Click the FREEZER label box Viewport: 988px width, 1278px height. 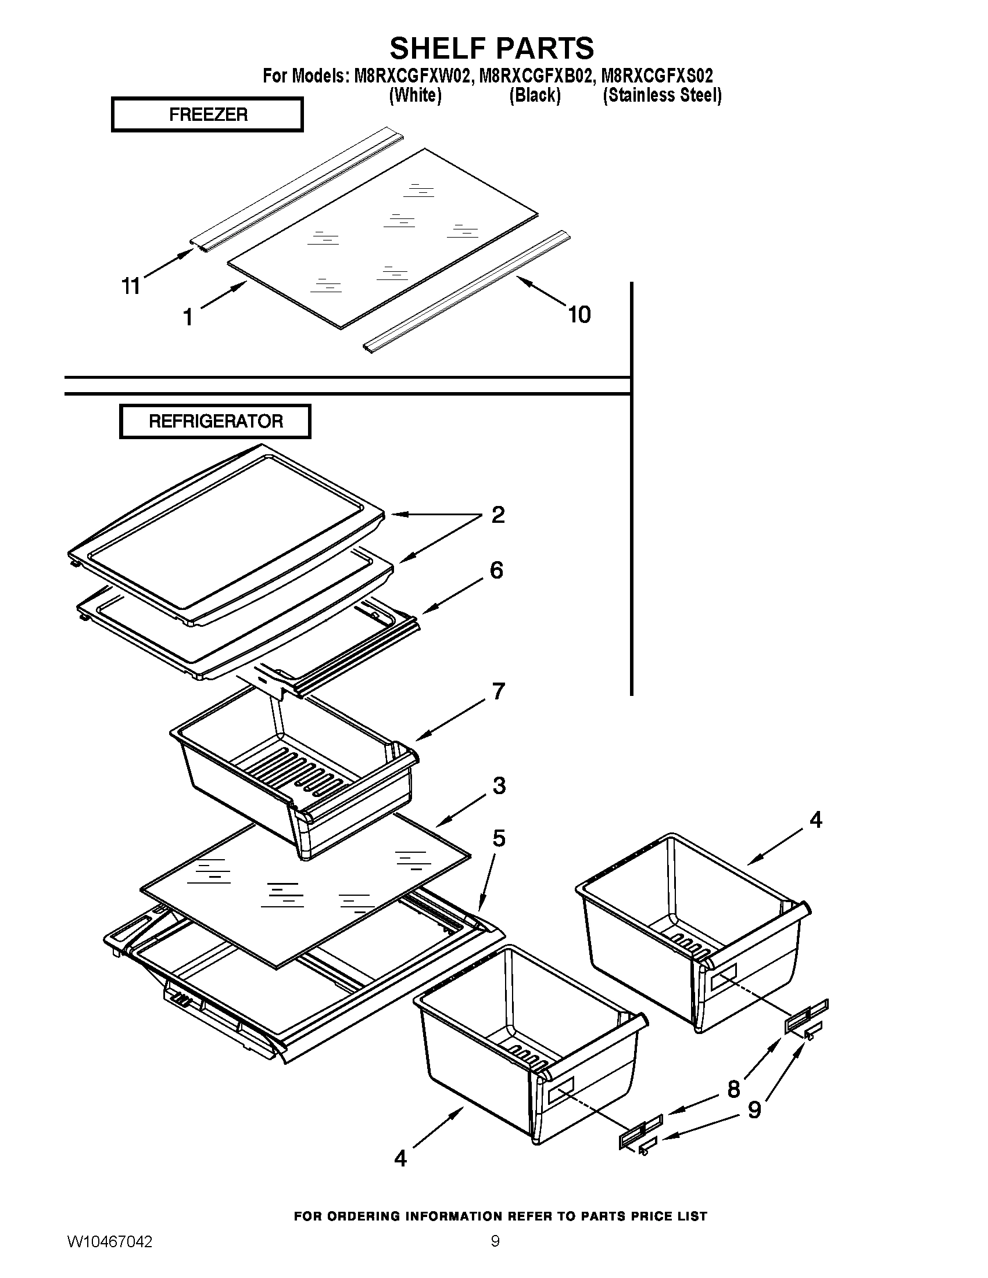[207, 114]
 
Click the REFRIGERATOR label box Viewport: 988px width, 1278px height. [215, 421]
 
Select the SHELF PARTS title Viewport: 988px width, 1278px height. [492, 48]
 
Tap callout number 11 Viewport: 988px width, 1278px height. [131, 286]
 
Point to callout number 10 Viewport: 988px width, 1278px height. [579, 315]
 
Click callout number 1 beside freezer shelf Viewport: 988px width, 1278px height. [188, 318]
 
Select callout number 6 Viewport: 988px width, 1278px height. [496, 570]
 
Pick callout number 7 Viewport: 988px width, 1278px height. [498, 692]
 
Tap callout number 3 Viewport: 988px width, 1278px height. [499, 786]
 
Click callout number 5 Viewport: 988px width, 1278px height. [499, 838]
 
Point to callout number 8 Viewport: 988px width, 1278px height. [733, 1090]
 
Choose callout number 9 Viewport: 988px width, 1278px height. [754, 1110]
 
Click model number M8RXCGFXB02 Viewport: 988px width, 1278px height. [534, 76]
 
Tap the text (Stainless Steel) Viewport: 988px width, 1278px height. [662, 95]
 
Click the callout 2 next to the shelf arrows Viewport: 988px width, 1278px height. [497, 515]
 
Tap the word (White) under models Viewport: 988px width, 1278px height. [415, 95]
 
